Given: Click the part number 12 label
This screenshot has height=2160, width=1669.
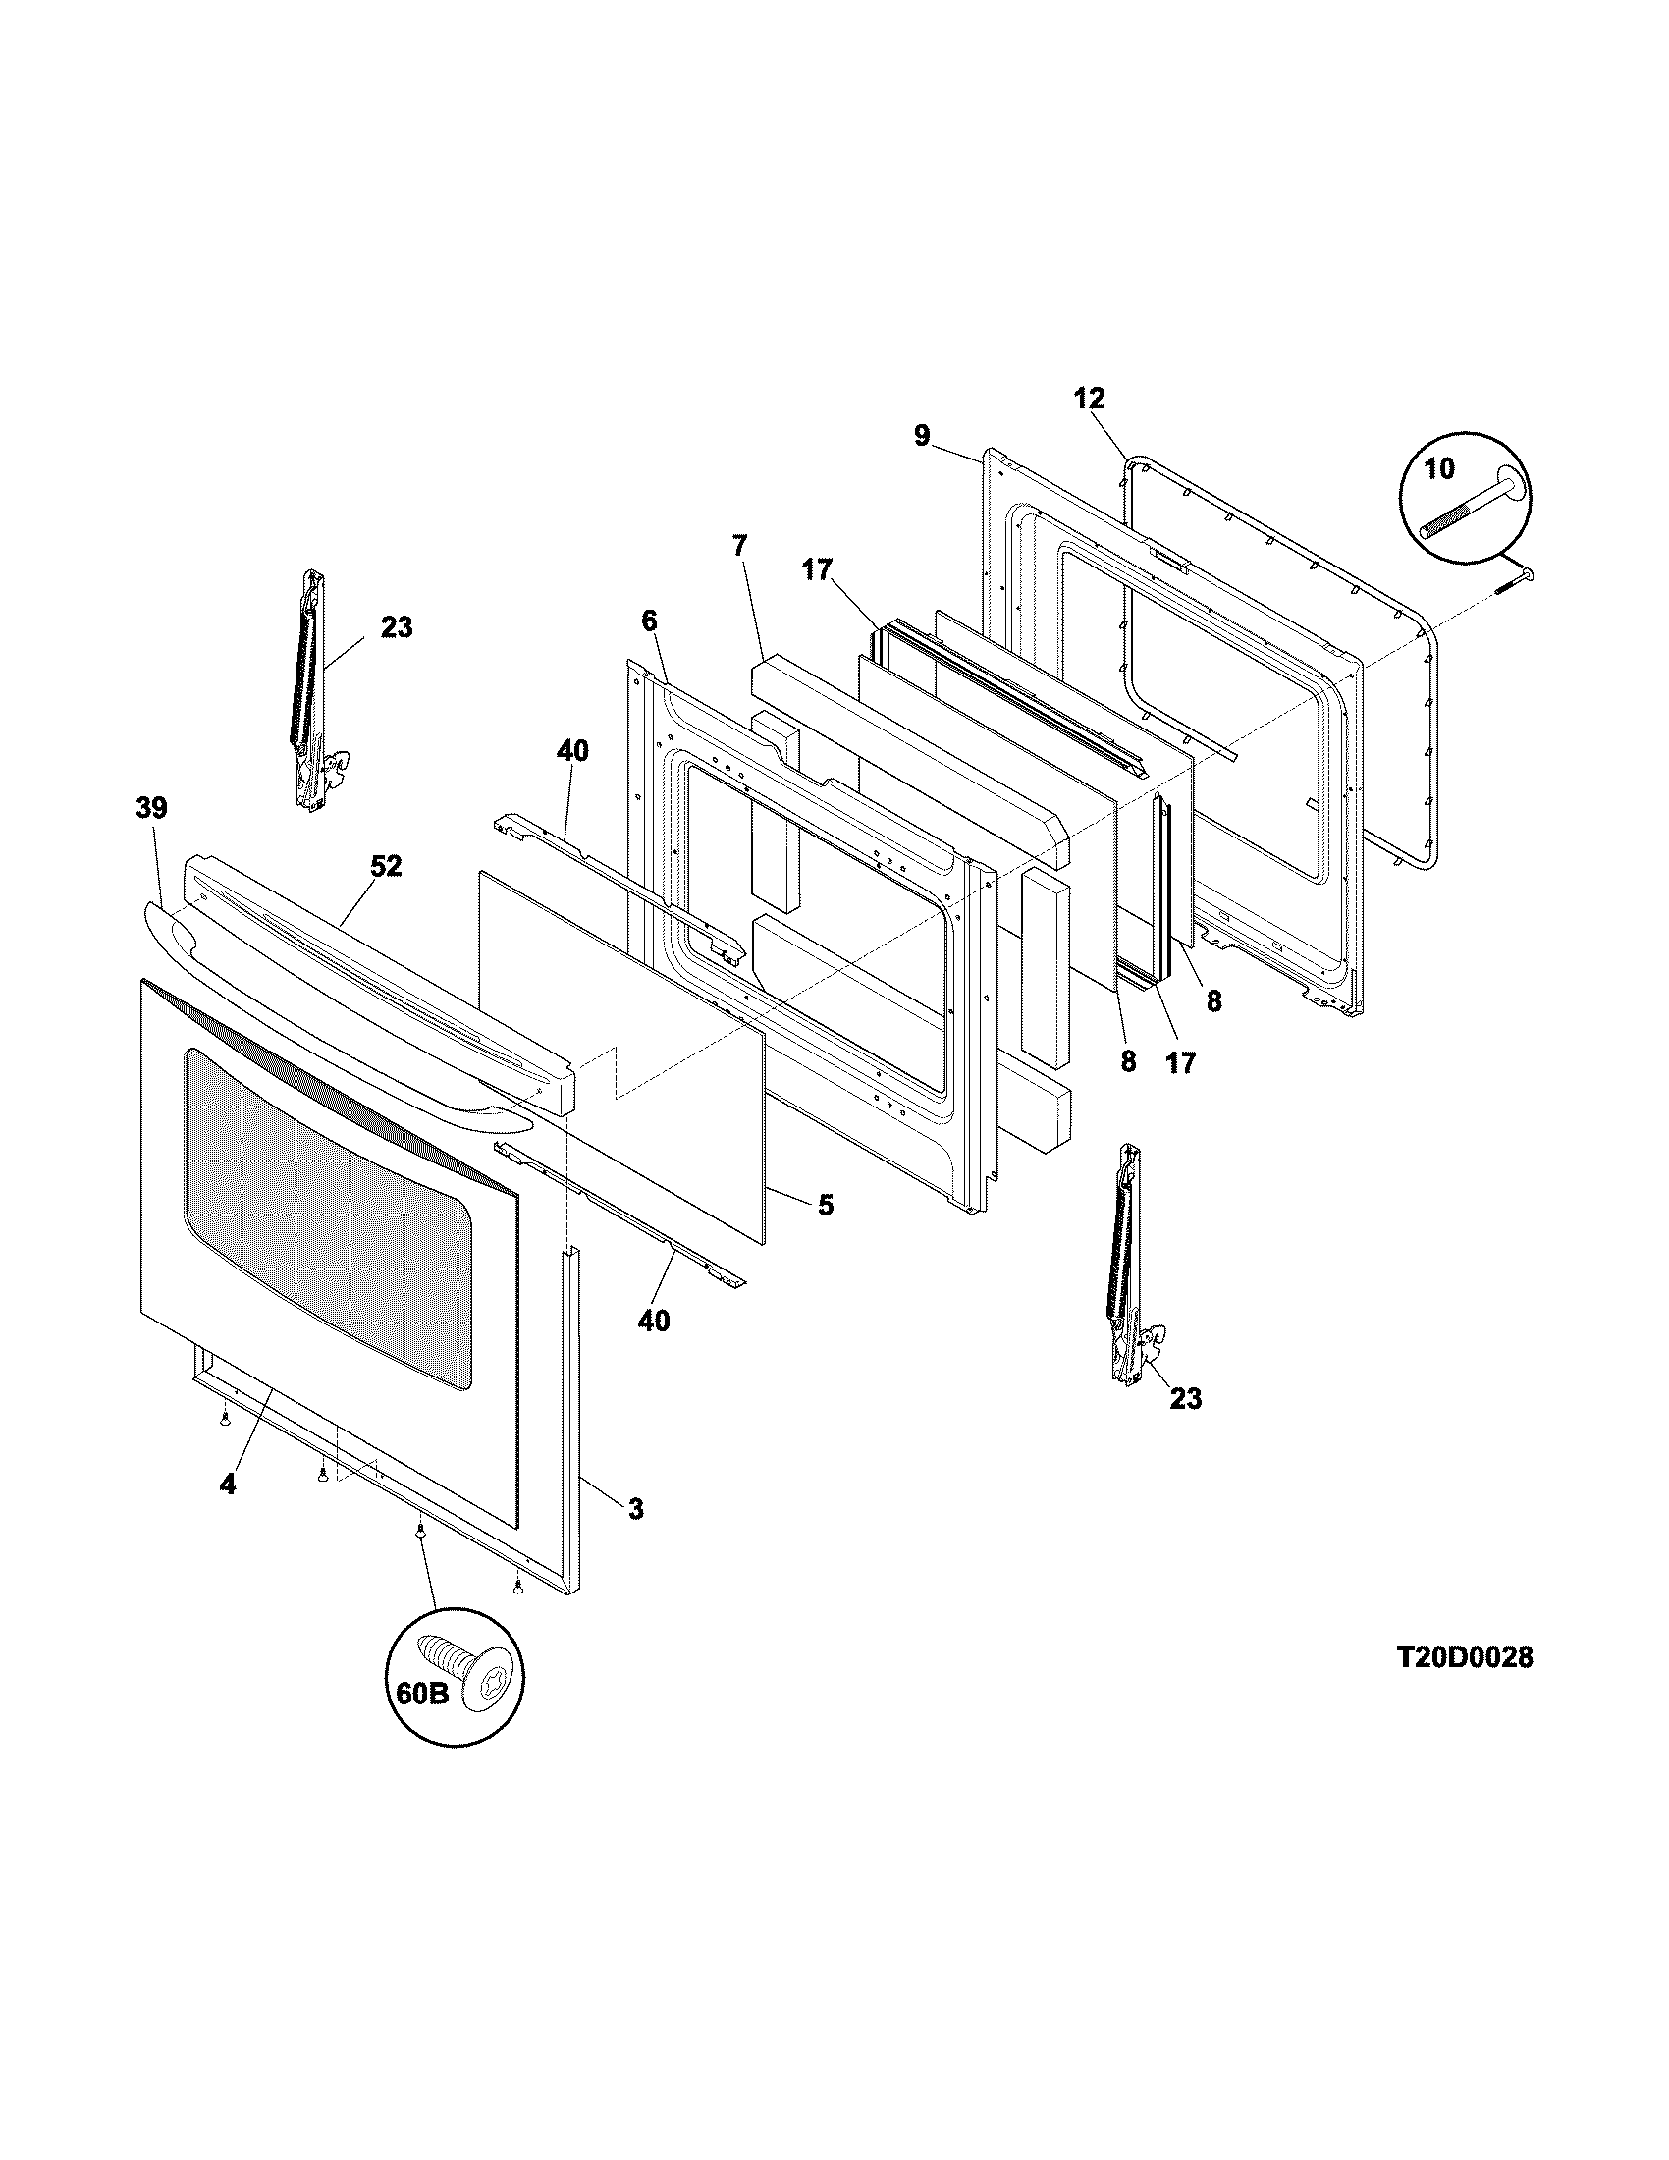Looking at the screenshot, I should (x=1090, y=399).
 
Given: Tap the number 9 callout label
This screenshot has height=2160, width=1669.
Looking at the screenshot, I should (x=922, y=435).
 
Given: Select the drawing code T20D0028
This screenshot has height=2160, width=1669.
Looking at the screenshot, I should (x=1465, y=1657).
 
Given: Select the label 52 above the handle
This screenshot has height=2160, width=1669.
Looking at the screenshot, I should (x=387, y=865).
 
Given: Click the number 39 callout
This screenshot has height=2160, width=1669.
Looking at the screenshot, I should (x=151, y=808).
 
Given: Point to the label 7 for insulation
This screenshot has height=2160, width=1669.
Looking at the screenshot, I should (x=740, y=545).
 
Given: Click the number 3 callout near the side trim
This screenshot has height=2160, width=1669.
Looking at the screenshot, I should (x=635, y=1508).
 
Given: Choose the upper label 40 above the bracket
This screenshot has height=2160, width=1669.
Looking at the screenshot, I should (x=571, y=751).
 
